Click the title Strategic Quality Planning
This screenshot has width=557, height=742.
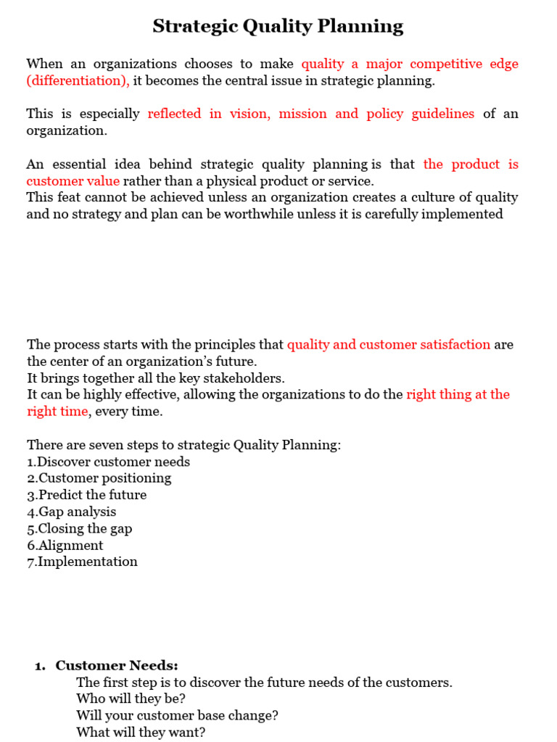278,27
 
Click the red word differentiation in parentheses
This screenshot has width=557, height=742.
78,80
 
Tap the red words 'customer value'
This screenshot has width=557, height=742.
73,180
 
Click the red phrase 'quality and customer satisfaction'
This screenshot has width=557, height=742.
388,344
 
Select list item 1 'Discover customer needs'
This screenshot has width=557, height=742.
109,462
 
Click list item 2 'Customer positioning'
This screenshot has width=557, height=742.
99,478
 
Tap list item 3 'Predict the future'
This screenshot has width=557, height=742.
87,495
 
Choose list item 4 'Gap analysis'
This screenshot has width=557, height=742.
72,512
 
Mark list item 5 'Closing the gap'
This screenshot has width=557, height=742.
80,528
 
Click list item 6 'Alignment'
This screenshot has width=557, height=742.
65,545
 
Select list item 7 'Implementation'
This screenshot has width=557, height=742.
82,562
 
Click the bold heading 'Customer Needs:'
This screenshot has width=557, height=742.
117,665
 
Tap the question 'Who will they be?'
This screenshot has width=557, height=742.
131,699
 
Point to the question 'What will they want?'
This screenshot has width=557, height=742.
141,732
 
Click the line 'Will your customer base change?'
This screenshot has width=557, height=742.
177,715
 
